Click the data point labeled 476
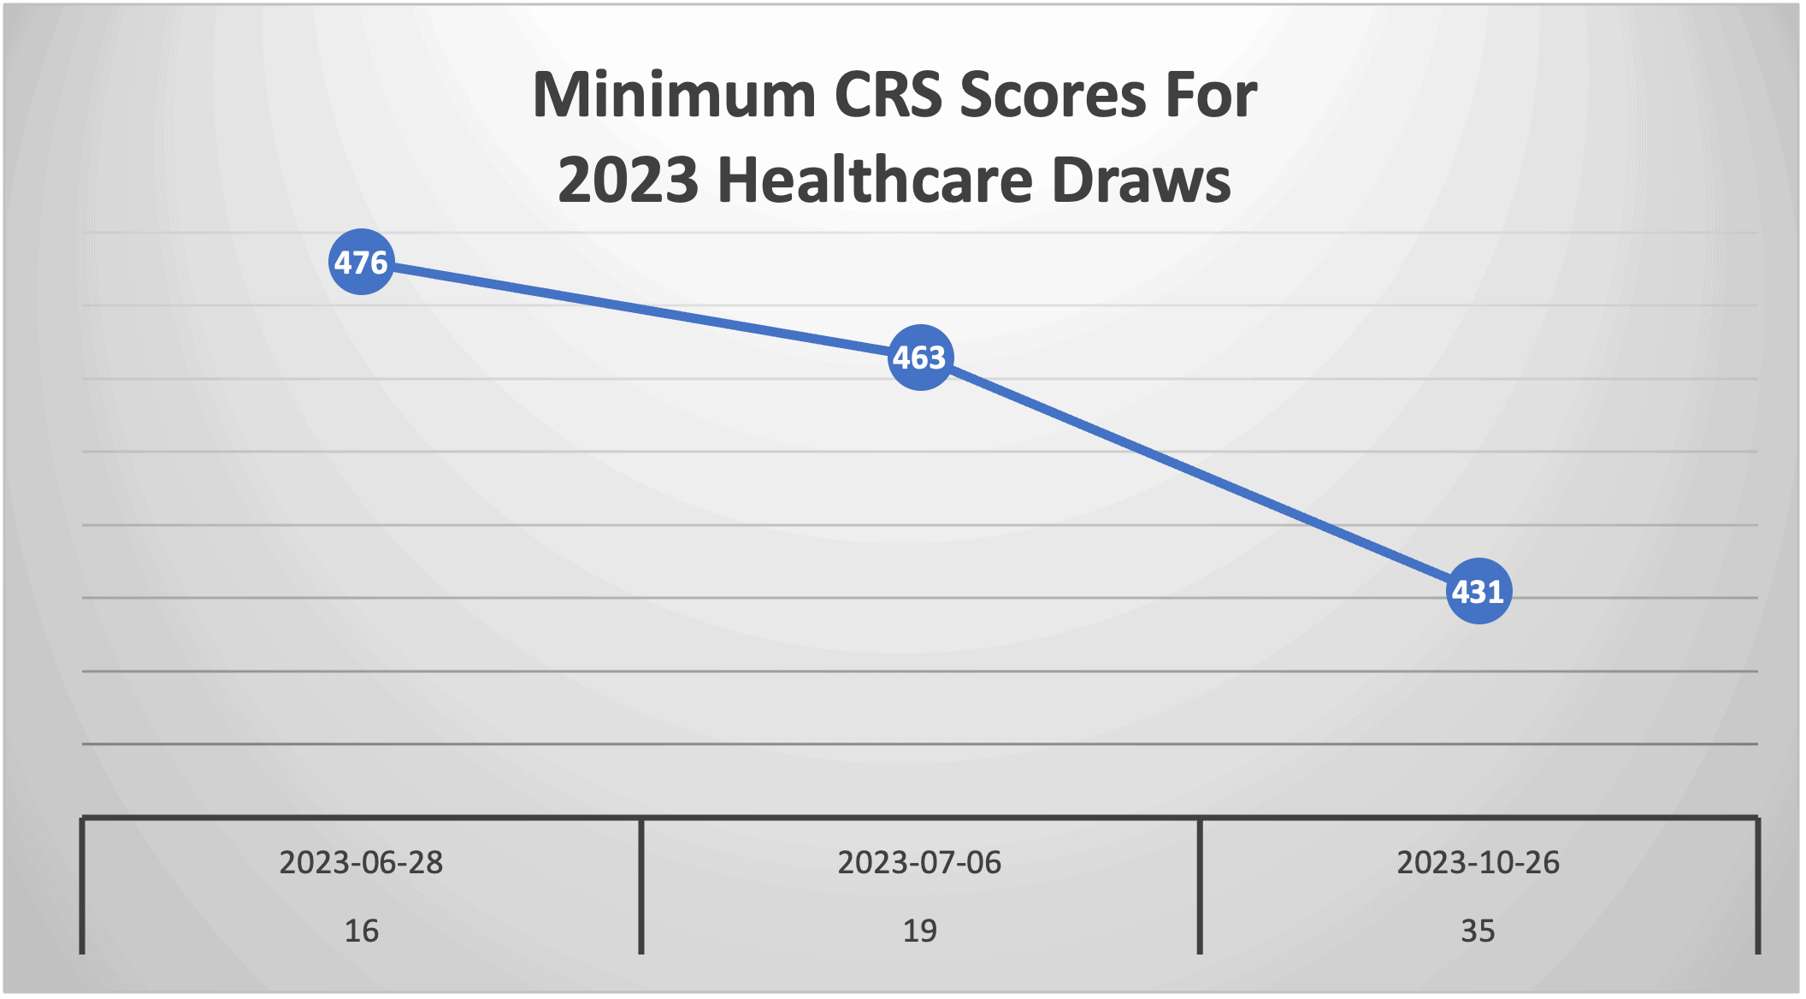[x=362, y=262]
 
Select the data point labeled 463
[x=920, y=358]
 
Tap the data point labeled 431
[x=1478, y=591]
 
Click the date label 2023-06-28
[x=361, y=862]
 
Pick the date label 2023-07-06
[x=919, y=862]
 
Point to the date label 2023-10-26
[x=1478, y=862]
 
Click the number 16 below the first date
[x=361, y=931]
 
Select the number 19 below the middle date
[x=919, y=931]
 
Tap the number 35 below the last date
[x=1478, y=931]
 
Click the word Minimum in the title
[x=675, y=94]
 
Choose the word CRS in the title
[x=888, y=94]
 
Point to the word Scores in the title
[x=1053, y=94]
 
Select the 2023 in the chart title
[x=629, y=180]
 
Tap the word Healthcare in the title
[x=876, y=180]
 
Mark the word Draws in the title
[x=1142, y=180]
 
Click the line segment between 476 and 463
[x=640, y=310]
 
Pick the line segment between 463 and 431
[x=1199, y=474]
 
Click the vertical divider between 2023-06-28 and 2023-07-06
[x=640, y=886]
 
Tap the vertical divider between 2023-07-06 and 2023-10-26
[x=1200, y=886]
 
